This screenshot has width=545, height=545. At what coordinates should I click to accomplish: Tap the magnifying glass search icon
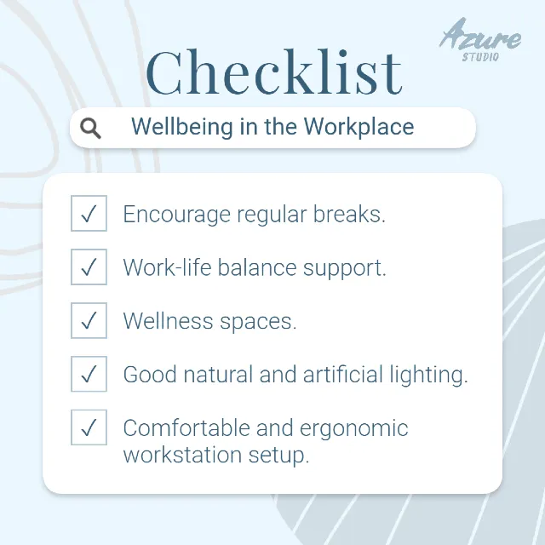(90, 129)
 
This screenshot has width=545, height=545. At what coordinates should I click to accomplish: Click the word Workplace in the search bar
(359, 128)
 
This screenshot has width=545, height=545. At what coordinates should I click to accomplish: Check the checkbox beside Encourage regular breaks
(89, 214)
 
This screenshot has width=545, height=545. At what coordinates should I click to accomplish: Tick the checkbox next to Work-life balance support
(89, 267)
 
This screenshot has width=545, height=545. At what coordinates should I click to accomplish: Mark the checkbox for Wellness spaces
(89, 321)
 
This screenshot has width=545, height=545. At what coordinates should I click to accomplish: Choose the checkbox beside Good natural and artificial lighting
(89, 375)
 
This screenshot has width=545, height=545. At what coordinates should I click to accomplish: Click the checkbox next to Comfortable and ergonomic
(89, 427)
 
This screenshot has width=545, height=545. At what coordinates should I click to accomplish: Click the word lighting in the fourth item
(428, 376)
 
